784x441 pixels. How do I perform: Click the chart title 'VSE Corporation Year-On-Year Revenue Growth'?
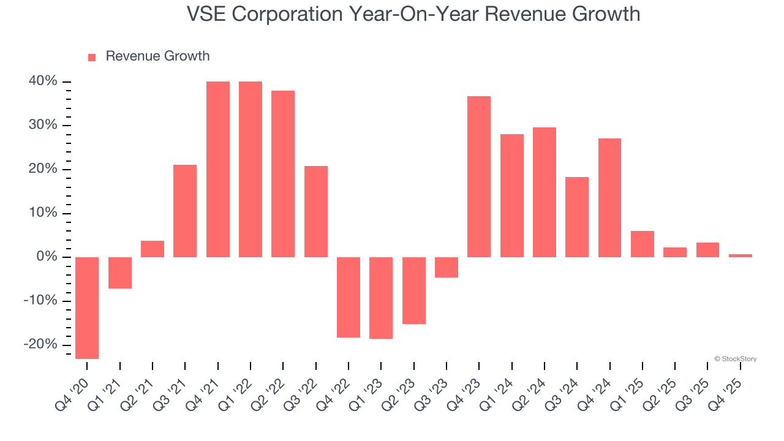pos(413,13)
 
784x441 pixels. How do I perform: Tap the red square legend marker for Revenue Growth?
pos(92,57)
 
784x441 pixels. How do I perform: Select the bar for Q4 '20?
pos(87,307)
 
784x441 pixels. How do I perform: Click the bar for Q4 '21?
pos(218,169)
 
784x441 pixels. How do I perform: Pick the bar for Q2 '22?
pos(283,174)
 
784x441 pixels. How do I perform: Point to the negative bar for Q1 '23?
pos(381,298)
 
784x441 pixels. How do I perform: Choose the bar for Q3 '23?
pos(447,267)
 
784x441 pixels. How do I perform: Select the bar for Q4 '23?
pos(479,176)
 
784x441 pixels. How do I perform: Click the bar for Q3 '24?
pos(577,217)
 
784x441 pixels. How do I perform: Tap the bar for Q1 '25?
pos(643,244)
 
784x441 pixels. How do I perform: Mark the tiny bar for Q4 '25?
pos(741,255)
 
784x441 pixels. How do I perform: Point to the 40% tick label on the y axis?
pos(42,81)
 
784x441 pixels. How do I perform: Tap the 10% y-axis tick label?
pos(42,213)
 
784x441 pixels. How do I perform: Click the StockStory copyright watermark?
pos(735,359)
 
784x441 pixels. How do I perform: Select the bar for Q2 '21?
pos(153,249)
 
